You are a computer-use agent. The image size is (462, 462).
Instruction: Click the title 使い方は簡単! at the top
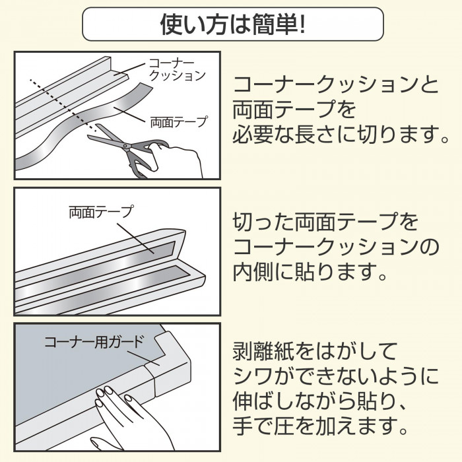tap(232, 25)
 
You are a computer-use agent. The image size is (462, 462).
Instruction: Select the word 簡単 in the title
tap(269, 25)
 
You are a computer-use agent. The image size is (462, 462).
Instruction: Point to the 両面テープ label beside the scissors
tap(179, 121)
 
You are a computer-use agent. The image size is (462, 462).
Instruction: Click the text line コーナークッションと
tap(335, 84)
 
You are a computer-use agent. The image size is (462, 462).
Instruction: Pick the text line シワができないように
tap(335, 375)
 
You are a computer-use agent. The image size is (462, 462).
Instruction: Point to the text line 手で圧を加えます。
tap(321, 426)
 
